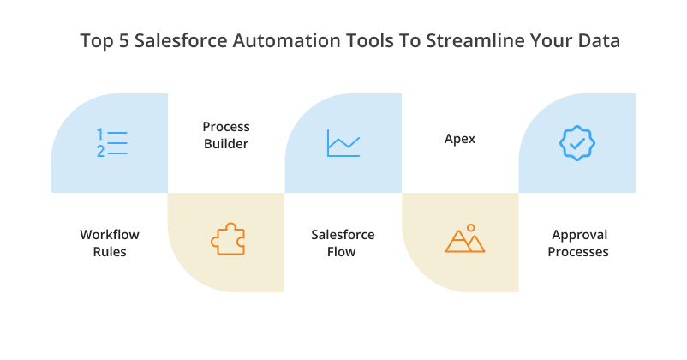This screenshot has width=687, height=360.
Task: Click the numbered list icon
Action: [112, 143]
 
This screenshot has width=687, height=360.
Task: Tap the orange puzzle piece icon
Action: [226, 240]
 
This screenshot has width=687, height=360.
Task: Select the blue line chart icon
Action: [343, 143]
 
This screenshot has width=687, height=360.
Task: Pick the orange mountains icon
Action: [464, 240]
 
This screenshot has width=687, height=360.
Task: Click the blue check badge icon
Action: [576, 143]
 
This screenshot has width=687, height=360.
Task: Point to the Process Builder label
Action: [226, 135]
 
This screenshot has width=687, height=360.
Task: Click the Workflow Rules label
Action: [110, 243]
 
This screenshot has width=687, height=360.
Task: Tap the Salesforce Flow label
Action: [343, 243]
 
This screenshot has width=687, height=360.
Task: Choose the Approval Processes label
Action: [580, 243]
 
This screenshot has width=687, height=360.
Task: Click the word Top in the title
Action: [93, 40]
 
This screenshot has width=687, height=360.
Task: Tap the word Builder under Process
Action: [226, 144]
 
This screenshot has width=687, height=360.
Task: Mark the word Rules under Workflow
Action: [110, 252]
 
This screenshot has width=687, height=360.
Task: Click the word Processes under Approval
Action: [580, 252]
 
